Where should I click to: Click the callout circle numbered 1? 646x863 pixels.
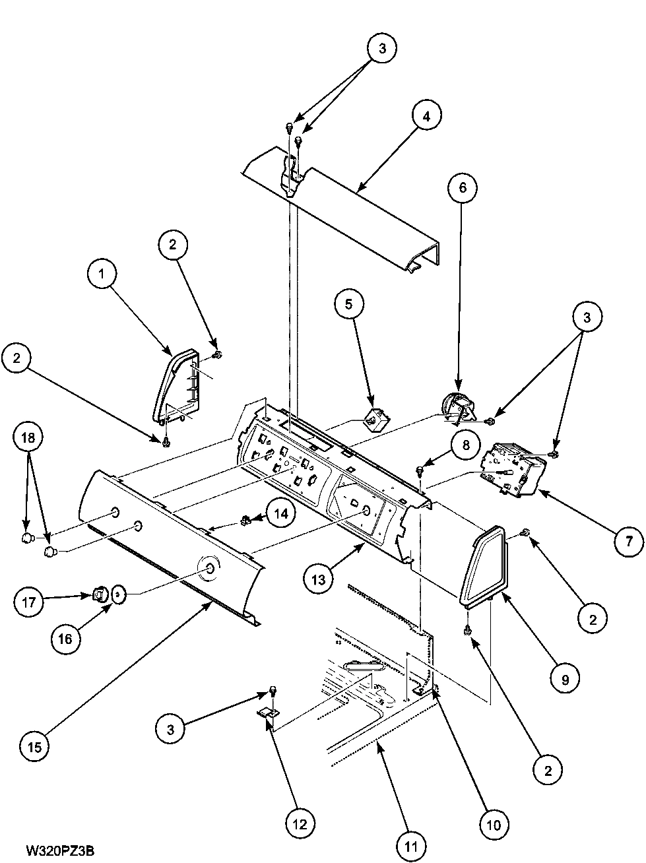(x=102, y=275)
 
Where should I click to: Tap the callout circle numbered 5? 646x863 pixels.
(x=348, y=305)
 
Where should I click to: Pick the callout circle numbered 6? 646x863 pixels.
(x=461, y=188)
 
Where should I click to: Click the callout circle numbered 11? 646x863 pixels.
(x=412, y=845)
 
